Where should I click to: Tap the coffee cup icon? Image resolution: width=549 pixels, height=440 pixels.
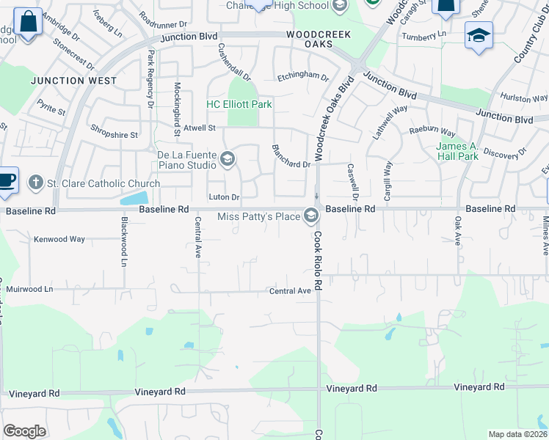coord(7,181)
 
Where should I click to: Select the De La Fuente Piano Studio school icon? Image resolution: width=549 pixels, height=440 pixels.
coord(228,158)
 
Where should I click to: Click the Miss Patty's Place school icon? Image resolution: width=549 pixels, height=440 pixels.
coord(311,216)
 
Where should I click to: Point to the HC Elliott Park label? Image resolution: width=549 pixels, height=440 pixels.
coord(239,105)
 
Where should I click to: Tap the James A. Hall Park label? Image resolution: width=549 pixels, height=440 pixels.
coord(458,151)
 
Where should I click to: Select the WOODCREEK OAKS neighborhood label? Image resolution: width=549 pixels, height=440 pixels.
coord(319,40)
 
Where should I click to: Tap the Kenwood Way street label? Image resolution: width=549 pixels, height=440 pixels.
coord(59,239)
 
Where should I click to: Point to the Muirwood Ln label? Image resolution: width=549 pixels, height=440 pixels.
coord(29,290)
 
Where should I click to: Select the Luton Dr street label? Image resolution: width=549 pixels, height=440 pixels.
coord(224,197)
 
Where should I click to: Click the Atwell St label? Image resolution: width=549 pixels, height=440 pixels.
coord(199,128)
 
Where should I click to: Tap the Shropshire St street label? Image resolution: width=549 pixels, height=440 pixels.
coord(114,135)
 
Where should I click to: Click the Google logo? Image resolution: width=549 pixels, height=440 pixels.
coord(24,431)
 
